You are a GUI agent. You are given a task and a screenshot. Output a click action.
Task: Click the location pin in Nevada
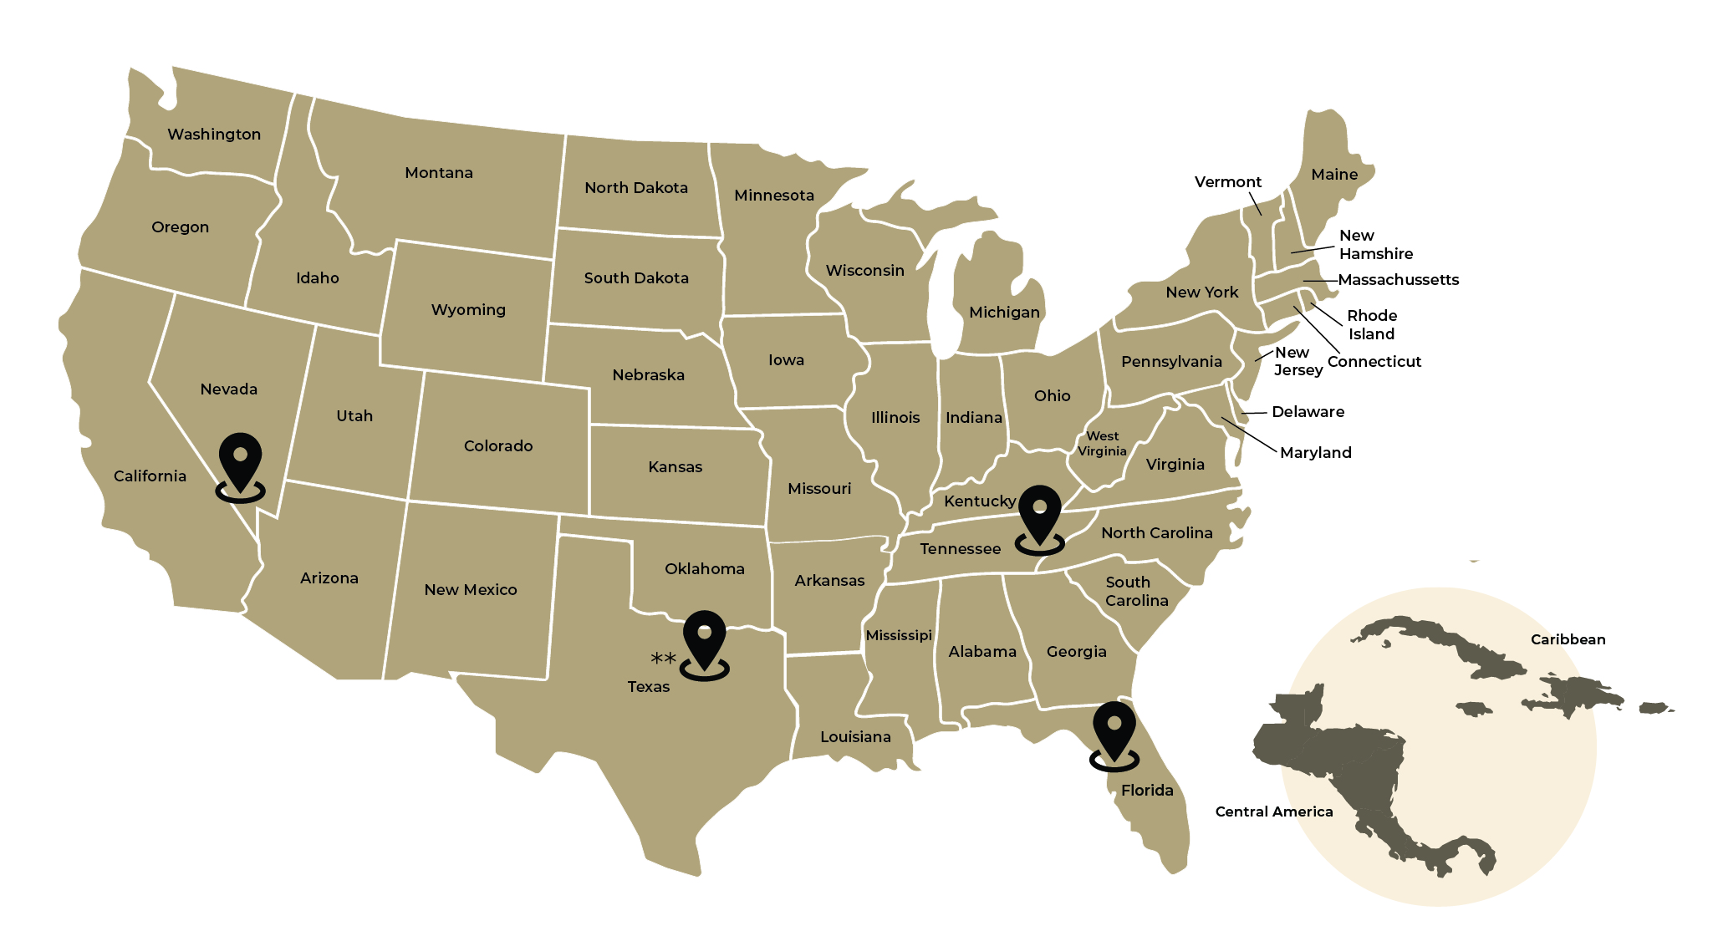coord(241,464)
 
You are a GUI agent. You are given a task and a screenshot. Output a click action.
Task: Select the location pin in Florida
coord(1114,732)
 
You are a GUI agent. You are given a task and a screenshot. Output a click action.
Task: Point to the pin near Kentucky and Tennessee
coord(1040,516)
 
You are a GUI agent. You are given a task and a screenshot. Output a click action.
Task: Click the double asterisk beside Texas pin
coord(663,659)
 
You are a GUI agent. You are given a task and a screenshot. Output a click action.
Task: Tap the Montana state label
coord(439,173)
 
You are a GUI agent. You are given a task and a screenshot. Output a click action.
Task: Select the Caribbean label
coord(1568,639)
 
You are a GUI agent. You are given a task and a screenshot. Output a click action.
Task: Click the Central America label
coord(1273,812)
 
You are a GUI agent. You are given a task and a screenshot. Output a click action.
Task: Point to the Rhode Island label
coord(1371,324)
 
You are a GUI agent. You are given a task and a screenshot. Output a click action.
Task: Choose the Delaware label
coord(1308,412)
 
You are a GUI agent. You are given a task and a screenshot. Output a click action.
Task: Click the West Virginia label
coord(1102,444)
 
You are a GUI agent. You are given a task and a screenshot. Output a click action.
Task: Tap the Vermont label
coord(1227,182)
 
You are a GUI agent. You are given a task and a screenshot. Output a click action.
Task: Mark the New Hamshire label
coord(1375,245)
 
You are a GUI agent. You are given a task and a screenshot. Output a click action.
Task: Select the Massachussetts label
coord(1398,280)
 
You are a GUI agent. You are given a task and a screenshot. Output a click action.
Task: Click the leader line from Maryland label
coord(1249,435)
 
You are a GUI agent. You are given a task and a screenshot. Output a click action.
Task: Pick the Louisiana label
coord(855,737)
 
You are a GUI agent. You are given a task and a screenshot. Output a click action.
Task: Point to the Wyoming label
coord(468,310)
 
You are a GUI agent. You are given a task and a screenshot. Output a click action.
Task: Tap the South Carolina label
coord(1136,592)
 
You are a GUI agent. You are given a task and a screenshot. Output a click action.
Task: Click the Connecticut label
coord(1374,362)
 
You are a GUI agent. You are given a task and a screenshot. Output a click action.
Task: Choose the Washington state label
coord(214,135)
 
